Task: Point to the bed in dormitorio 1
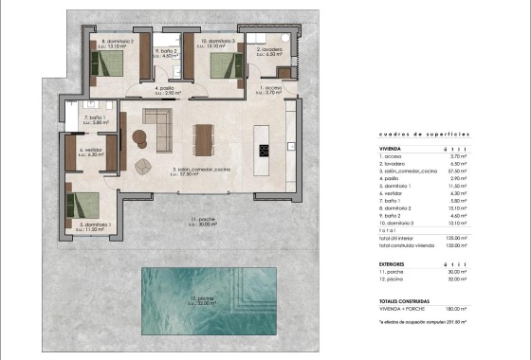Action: [x=87, y=206]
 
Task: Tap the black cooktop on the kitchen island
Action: [x=265, y=148]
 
